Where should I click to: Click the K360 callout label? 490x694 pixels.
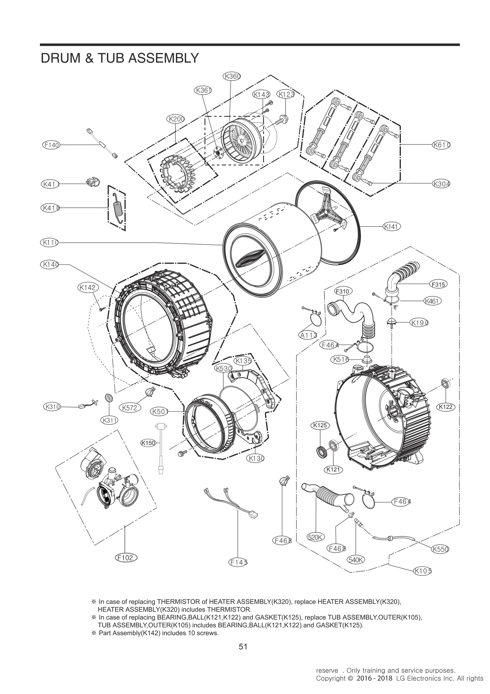point(232,76)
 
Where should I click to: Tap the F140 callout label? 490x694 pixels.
point(51,145)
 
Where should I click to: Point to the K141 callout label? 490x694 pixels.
point(392,227)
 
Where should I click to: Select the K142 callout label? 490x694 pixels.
point(87,287)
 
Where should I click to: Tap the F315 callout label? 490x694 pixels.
point(438,285)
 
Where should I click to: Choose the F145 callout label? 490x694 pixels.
point(238,562)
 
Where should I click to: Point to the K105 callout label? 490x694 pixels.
point(422,571)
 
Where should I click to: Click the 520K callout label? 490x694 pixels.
point(315,537)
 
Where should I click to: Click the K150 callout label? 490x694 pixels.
point(148,443)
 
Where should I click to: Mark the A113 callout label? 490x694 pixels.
point(308,335)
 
